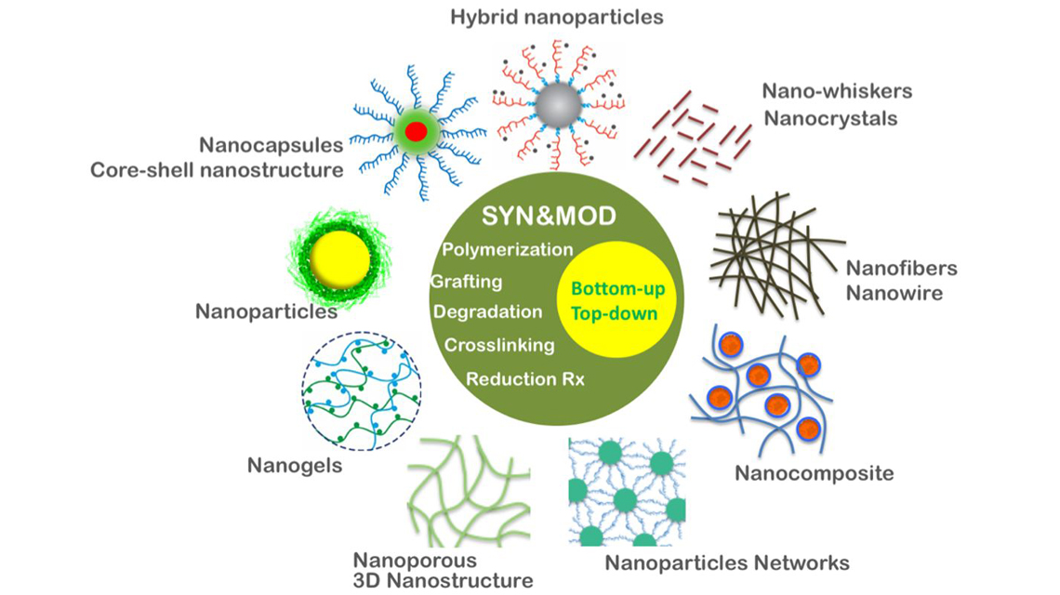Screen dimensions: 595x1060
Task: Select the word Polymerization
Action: pyautogui.click(x=508, y=250)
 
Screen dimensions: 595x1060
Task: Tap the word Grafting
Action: pyautogui.click(x=467, y=282)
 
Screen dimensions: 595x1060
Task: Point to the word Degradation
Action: pyautogui.click(x=488, y=312)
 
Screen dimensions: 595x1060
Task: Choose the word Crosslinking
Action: pyautogui.click(x=499, y=345)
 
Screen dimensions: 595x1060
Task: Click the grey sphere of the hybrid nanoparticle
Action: pyautogui.click(x=557, y=105)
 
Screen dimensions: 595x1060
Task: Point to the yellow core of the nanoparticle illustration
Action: pyautogui.click(x=339, y=258)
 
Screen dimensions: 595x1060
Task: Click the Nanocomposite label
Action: pyautogui.click(x=814, y=473)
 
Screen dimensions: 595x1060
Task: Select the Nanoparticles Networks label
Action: pyautogui.click(x=727, y=562)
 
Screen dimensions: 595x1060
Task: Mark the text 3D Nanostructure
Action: pyautogui.click(x=444, y=581)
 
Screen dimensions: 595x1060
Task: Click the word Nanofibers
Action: pyautogui.click(x=901, y=270)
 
